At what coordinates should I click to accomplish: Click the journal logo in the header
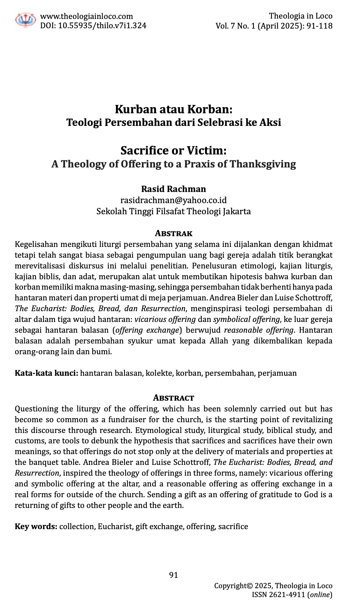point(26,19)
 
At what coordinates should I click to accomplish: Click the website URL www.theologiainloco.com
point(86,16)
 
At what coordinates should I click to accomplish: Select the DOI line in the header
point(93,26)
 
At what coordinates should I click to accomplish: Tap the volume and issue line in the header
point(274,26)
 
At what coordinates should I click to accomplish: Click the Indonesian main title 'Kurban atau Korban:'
point(173,109)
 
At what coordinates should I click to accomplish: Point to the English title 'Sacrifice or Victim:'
point(173,150)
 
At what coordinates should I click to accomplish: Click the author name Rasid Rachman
point(173,189)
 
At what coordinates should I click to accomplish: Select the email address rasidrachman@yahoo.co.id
point(173,200)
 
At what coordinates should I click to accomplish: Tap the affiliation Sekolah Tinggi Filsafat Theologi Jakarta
point(173,211)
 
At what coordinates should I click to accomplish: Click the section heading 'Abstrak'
point(173,233)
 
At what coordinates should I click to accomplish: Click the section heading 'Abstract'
point(173,398)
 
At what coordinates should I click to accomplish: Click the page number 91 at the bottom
point(173,575)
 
